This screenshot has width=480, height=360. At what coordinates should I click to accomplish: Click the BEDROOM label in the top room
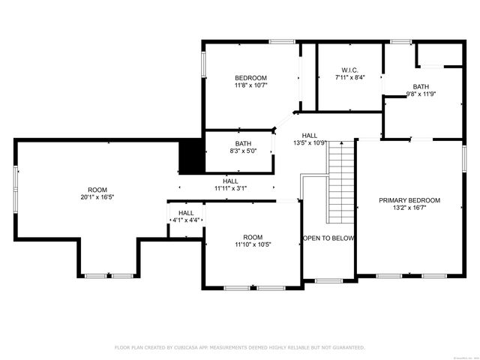[250, 78]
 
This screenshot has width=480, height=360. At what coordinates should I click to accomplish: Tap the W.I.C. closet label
[349, 70]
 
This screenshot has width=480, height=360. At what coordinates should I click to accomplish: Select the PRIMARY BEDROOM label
[409, 200]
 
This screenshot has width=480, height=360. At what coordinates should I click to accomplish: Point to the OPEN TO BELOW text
[328, 238]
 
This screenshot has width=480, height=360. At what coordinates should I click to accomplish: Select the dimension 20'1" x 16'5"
[97, 197]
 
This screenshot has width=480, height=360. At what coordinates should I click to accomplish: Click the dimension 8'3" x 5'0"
[243, 151]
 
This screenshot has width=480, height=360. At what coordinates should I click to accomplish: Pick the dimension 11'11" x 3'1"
[230, 188]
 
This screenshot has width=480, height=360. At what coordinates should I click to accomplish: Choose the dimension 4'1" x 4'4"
[186, 220]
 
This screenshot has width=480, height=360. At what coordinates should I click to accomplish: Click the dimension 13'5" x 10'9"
[309, 142]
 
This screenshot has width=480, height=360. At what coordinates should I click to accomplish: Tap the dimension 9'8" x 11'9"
[421, 94]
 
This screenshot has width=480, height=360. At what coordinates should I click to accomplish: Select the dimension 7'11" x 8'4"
[349, 77]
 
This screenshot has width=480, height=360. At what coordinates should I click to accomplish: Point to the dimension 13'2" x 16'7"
[409, 208]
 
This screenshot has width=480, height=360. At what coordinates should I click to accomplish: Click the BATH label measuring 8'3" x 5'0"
[243, 143]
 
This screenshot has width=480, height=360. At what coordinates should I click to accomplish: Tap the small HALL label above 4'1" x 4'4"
[186, 213]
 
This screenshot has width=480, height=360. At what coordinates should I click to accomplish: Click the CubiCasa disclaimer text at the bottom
[239, 347]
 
